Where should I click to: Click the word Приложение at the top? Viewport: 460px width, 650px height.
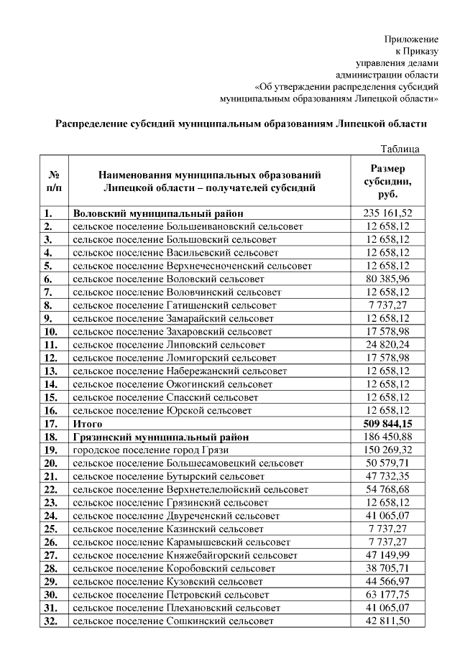tap(411, 37)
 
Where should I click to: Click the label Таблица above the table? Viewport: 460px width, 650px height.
tap(400, 149)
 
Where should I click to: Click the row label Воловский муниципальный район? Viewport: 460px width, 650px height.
tap(158, 213)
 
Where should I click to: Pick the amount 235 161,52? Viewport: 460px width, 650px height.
tap(387, 213)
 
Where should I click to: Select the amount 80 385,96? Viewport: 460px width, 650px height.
tap(387, 279)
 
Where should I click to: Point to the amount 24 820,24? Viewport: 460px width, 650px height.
tap(387, 345)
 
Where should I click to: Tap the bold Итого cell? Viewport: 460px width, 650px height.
tap(88, 424)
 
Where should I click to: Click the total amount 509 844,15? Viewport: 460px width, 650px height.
tap(387, 424)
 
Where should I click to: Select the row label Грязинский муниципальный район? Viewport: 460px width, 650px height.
tap(161, 437)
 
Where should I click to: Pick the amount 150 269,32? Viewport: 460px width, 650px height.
tap(387, 450)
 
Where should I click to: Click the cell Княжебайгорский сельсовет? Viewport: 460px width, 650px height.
tap(185, 555)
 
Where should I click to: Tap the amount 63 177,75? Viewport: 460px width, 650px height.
tap(387, 595)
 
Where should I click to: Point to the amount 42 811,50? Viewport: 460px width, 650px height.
tap(387, 621)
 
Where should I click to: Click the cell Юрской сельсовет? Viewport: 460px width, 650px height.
tap(162, 411)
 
